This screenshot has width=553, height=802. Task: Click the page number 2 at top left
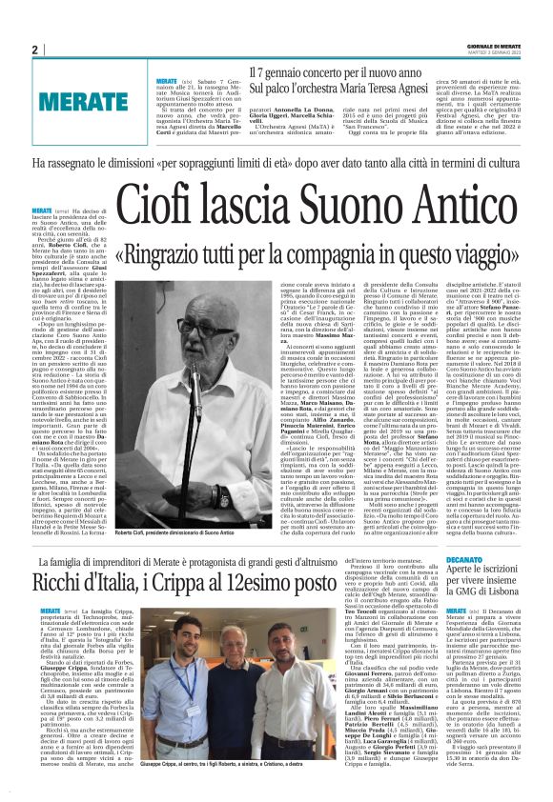34,50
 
